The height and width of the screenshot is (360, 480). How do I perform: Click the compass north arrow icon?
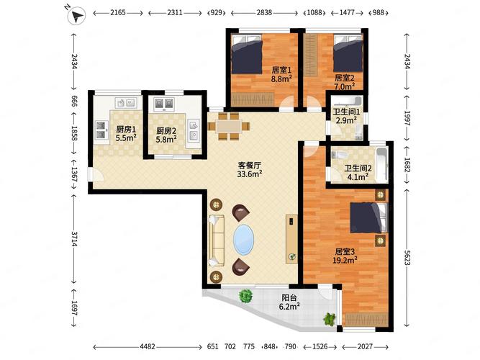(x=75, y=13)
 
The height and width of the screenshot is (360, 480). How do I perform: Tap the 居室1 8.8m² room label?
(x=281, y=76)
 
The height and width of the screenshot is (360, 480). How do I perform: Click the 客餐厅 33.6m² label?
(x=250, y=168)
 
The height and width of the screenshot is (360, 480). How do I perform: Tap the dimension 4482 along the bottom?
(x=147, y=347)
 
